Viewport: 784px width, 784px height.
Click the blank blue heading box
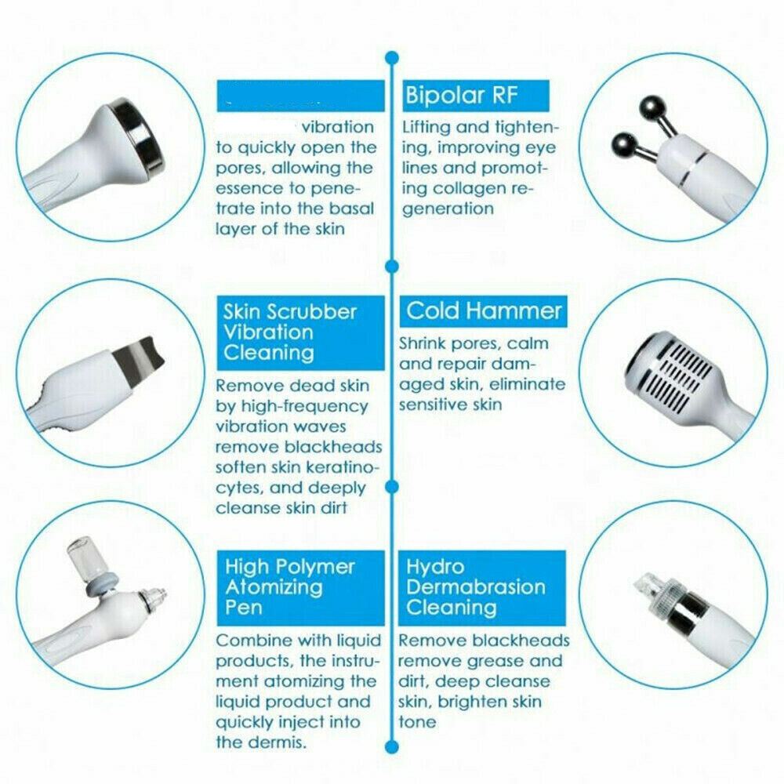click(300, 96)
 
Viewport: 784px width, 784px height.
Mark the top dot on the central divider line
click(390, 57)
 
